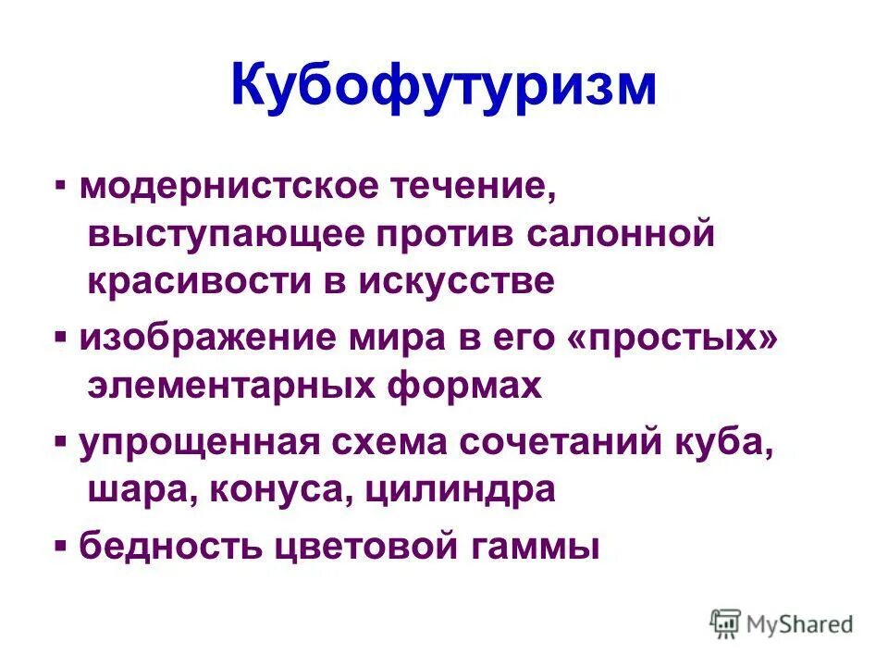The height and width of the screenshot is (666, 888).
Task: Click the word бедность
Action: click(x=171, y=547)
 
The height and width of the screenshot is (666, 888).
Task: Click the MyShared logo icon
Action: click(x=725, y=623)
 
